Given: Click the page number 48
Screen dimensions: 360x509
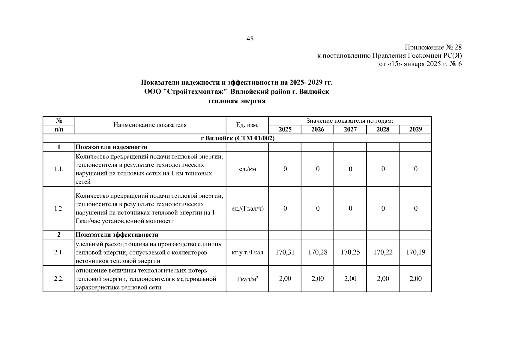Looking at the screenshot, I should (x=250, y=39).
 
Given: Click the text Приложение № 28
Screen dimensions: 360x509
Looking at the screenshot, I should (x=433, y=47).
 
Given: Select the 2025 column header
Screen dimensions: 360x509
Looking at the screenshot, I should (x=285, y=129).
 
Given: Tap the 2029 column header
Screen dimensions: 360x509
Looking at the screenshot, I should (x=415, y=129).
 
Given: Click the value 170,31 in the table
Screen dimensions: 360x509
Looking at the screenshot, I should (x=285, y=252).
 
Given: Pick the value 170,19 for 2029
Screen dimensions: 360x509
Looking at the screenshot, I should (x=415, y=252).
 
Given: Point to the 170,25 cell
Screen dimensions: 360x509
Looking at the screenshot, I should (x=350, y=252).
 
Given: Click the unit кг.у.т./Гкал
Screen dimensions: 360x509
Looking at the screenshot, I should (x=247, y=252).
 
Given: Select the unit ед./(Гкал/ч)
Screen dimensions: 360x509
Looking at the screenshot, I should (x=247, y=208).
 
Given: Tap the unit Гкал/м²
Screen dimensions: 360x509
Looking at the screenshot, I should (x=247, y=279).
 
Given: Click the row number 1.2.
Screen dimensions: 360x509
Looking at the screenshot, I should (x=59, y=208).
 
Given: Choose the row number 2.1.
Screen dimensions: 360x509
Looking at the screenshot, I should (x=59, y=252).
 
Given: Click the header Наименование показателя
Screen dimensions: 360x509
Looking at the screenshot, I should (x=150, y=125).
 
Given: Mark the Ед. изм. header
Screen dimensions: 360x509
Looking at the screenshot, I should (x=247, y=125).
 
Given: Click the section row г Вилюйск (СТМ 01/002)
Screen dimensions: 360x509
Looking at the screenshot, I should (x=237, y=138).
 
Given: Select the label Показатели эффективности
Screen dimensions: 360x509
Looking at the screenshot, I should (x=117, y=235).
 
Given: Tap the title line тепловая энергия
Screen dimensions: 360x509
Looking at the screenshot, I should (x=237, y=101).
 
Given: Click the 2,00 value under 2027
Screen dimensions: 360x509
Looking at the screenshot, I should (x=350, y=279).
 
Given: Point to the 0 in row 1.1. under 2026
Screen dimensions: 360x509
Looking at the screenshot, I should (x=318, y=169).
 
